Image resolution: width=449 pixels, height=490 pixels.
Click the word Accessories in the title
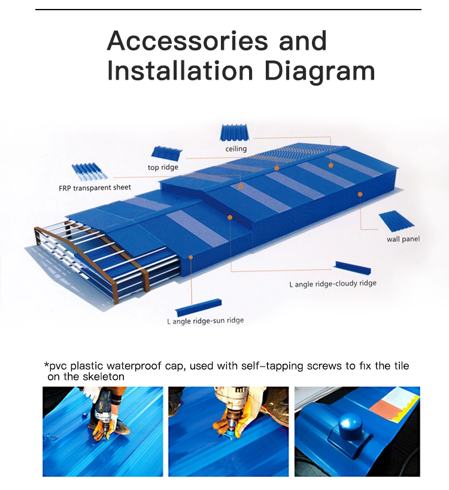(x=187, y=41)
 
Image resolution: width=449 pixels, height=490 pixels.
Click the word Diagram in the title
(x=319, y=71)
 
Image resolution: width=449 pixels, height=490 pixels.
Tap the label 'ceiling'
(x=236, y=149)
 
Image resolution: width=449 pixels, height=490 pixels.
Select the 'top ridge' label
(x=163, y=167)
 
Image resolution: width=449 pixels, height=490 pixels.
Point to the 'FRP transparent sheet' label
(x=95, y=187)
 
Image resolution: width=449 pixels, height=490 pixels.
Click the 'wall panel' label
(x=403, y=239)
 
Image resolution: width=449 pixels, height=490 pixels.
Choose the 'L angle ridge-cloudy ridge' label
(x=333, y=284)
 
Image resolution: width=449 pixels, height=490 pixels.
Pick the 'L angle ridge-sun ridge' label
(x=205, y=320)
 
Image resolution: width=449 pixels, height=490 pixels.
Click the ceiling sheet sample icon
(x=235, y=133)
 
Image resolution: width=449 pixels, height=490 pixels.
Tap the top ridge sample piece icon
(x=167, y=154)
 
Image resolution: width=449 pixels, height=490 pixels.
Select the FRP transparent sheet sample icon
(x=89, y=173)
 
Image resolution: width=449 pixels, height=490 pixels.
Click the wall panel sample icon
(x=396, y=222)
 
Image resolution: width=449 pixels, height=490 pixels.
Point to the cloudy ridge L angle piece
(x=353, y=268)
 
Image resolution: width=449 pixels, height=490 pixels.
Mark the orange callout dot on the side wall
(x=360, y=194)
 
